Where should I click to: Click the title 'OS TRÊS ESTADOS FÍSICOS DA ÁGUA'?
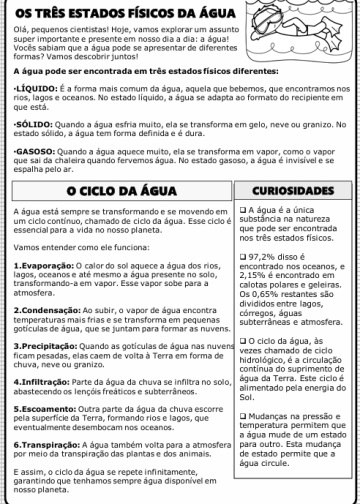[x=128, y=12]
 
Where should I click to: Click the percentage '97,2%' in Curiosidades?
[x=268, y=285]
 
